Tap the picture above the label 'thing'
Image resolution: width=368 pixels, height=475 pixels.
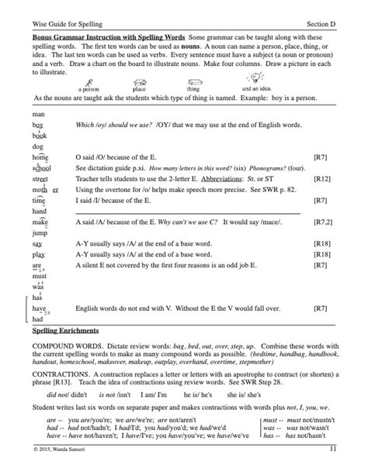[192, 81]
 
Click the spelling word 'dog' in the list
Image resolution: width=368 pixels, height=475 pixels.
[38, 145]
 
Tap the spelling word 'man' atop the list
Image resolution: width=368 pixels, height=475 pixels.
[38, 114]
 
